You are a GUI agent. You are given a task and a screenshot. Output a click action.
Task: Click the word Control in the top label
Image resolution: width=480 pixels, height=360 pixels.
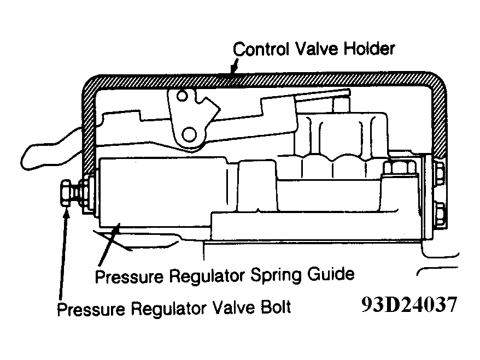[261, 49]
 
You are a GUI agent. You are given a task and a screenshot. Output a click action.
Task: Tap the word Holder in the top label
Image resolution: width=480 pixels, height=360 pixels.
[369, 49]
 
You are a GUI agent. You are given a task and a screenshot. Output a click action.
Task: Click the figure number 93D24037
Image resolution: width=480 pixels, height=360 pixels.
[409, 304]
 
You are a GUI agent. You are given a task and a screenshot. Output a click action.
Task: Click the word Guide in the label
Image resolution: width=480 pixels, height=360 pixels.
[331, 274]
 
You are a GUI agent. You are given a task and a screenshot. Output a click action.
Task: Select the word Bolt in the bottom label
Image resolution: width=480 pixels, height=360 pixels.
[275, 307]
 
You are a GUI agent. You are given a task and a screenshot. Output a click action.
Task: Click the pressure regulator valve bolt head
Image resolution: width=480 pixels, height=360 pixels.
[66, 193]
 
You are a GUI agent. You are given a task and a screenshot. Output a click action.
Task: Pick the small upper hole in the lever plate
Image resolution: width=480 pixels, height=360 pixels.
[182, 96]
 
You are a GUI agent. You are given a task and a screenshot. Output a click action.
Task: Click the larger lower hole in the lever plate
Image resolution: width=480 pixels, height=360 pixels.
[189, 134]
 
